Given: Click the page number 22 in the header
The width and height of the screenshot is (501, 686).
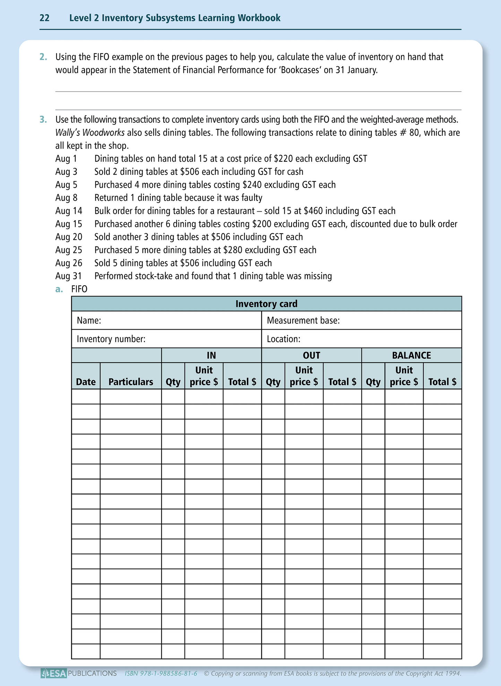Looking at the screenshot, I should tap(44, 18).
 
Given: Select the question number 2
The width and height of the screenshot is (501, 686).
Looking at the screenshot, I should tap(43, 57).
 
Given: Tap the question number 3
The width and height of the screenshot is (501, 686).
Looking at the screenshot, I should tap(43, 120).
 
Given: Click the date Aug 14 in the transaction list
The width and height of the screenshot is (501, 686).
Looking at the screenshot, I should tap(69, 211).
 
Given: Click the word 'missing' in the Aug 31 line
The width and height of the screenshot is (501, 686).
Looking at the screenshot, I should tap(318, 276).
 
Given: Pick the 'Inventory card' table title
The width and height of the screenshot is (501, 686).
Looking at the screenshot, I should tap(266, 304).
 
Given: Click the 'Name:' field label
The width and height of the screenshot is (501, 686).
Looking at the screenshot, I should tap(89, 321).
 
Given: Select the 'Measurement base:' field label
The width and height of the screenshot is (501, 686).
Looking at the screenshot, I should tap(303, 321).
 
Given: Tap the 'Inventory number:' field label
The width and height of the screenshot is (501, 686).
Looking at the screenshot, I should tap(111, 339).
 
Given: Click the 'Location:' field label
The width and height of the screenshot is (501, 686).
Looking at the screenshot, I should tap(283, 339).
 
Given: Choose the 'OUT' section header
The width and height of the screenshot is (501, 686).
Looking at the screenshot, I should tap(311, 355).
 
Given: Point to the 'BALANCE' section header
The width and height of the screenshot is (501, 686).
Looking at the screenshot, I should tap(411, 355).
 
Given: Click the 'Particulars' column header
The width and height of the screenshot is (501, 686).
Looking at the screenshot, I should tap(131, 382).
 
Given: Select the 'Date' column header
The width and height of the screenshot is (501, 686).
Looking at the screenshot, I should tap(86, 382).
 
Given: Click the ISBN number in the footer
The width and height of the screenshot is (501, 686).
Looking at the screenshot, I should tap(161, 674).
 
